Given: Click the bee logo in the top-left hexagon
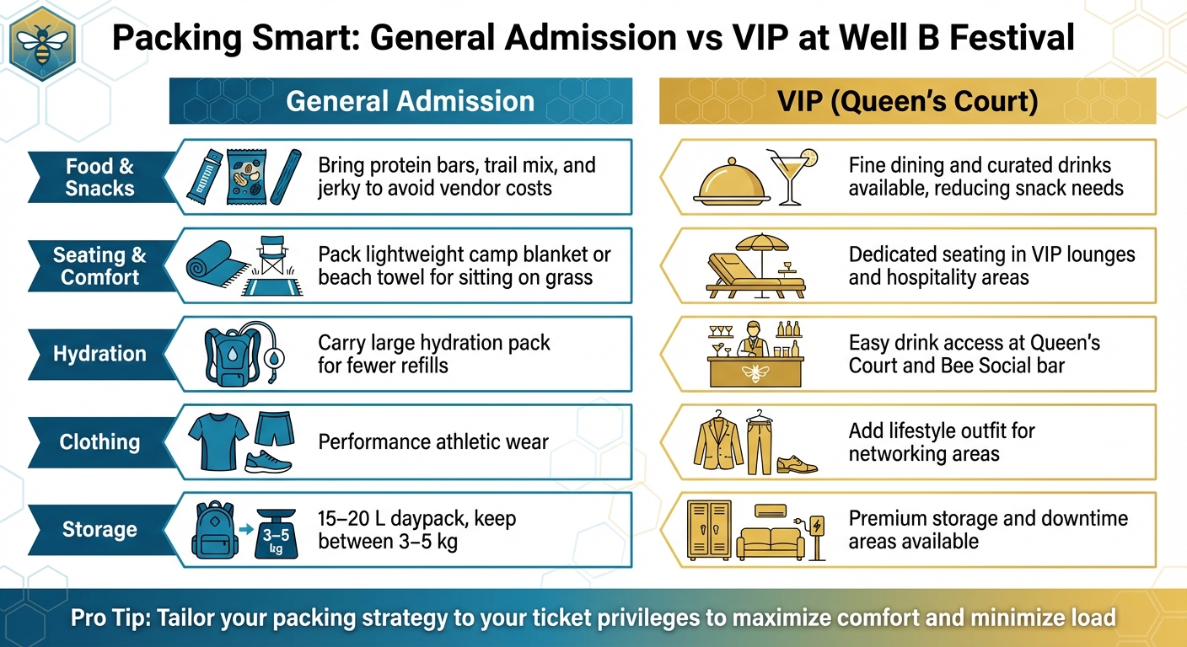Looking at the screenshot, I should pyautogui.click(x=41, y=41).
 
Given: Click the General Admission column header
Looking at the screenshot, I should pyautogui.click(x=410, y=102).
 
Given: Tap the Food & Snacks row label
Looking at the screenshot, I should pyautogui.click(x=99, y=177).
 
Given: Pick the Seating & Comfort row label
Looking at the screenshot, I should pyautogui.click(x=99, y=265).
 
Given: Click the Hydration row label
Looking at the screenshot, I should pyautogui.click(x=99, y=354).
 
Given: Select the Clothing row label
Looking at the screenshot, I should pyautogui.click(x=99, y=441).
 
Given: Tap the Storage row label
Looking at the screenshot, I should pyautogui.click(x=99, y=530).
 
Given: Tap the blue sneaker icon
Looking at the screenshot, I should pyautogui.click(x=268, y=462).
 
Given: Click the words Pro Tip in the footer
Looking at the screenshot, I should pyautogui.click(x=105, y=618).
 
